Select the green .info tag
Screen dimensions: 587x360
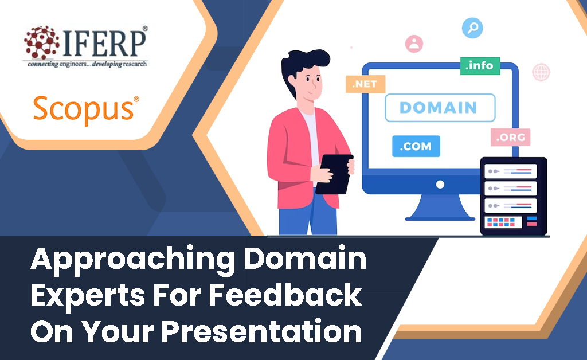480,66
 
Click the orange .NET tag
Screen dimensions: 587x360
365,84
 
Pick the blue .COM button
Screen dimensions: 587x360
416,146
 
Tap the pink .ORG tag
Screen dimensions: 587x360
511,138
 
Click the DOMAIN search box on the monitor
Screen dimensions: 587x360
440,108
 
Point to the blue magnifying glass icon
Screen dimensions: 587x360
472,28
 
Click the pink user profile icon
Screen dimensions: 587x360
414,44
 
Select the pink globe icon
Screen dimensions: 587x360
541,72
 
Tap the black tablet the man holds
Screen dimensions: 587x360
335,174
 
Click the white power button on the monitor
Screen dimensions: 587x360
440,185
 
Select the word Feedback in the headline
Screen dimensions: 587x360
285,295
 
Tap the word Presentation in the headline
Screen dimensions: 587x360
261,331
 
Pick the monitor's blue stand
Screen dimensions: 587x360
440,207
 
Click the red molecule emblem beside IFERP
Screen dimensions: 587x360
41,42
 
